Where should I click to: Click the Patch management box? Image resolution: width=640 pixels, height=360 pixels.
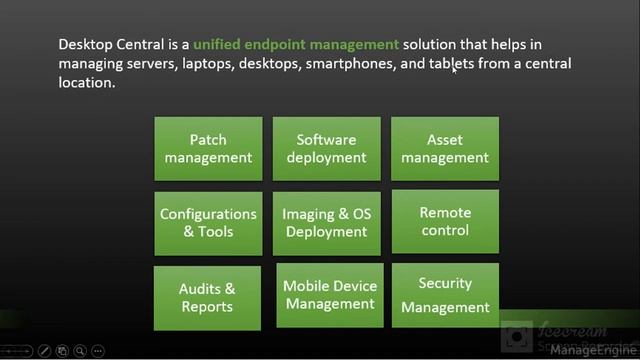click(208, 149)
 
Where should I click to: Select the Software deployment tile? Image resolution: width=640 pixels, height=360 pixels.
click(326, 149)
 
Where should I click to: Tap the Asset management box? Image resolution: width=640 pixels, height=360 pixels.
click(444, 149)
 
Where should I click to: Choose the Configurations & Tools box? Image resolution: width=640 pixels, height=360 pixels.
click(208, 223)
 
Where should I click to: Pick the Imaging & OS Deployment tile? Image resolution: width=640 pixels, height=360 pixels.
click(326, 223)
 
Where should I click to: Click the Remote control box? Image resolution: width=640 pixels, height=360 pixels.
click(444, 222)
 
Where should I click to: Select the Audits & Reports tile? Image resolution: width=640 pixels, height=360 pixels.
click(207, 298)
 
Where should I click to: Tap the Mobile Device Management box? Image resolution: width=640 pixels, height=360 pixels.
click(329, 295)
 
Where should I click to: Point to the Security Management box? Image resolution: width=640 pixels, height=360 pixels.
click(445, 296)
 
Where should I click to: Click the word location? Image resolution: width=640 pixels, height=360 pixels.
click(87, 83)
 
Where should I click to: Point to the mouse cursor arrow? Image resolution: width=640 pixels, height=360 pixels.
click(454, 69)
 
